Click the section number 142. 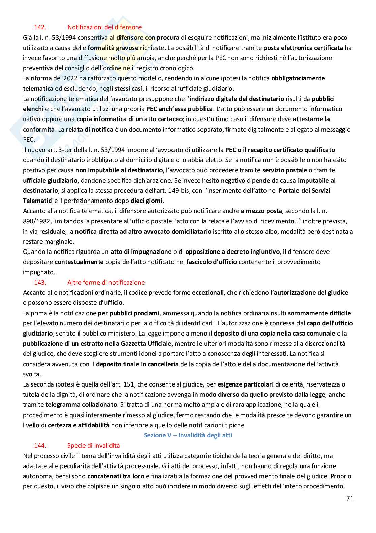pos(40,27)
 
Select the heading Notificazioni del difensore pos(104,27)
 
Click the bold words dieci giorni pos(147,201)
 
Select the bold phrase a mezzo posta pos(261,211)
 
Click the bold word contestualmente pos(79,262)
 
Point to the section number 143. pos(40,282)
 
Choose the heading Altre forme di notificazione pos(106,282)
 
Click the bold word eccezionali pos(208,293)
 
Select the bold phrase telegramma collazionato pos(81,404)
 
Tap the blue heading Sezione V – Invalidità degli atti pos(188,435)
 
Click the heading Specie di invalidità pos(93,446)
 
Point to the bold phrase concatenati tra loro pos(116,476)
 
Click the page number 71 pos(350,498)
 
